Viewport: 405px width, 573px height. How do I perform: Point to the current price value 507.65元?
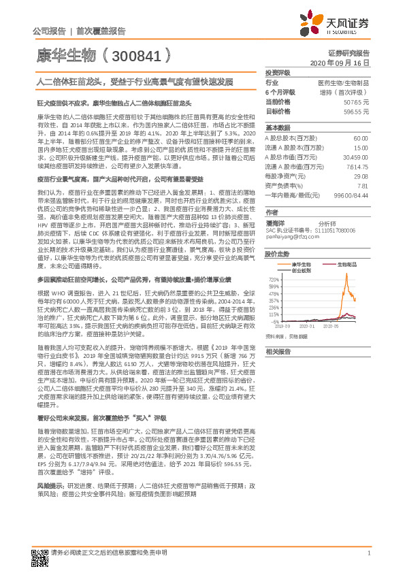356,101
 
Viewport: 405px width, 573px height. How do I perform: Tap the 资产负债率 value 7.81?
362,185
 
